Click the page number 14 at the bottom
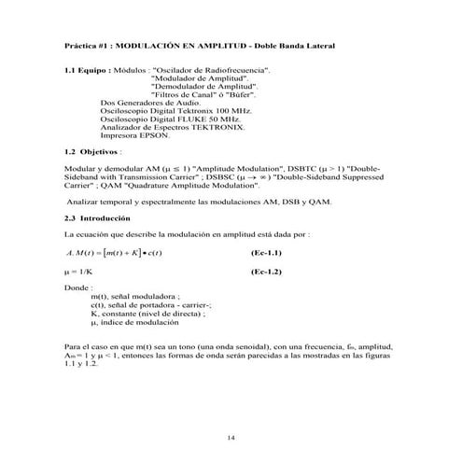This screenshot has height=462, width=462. click(x=231, y=437)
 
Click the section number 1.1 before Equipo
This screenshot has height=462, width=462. click(x=70, y=70)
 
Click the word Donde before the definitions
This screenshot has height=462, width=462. click(x=77, y=287)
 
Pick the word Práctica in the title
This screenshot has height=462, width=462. click(x=81, y=45)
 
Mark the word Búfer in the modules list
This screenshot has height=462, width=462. click(x=234, y=93)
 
